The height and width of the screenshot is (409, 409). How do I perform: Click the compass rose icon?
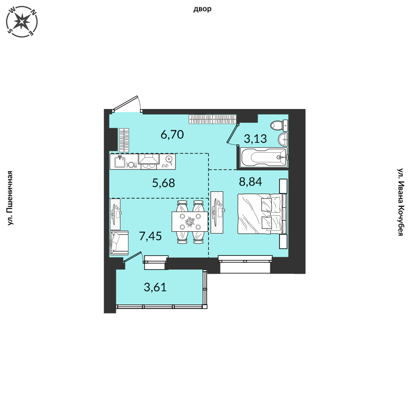[x=22, y=21]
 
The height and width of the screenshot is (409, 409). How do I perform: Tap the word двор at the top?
[x=202, y=10]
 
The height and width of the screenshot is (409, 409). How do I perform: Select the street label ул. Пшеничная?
[x=10, y=198]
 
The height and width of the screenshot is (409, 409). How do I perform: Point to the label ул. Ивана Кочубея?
[x=400, y=202]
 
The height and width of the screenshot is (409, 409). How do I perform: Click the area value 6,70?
[x=172, y=135]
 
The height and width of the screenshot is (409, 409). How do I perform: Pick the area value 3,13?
[x=255, y=139]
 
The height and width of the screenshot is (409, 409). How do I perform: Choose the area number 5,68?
[x=164, y=183]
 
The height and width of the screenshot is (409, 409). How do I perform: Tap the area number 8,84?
[x=250, y=181]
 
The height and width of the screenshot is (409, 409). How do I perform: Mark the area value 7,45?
[x=150, y=236]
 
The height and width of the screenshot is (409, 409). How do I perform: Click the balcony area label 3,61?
[x=155, y=287]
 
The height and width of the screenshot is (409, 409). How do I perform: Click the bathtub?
[x=264, y=157]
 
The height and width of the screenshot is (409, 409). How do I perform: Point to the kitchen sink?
[x=120, y=161]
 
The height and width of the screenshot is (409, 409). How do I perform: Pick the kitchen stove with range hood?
[x=149, y=162]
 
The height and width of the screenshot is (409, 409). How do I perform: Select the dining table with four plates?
[x=190, y=221]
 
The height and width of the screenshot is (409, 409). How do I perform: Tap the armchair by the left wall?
[x=119, y=243]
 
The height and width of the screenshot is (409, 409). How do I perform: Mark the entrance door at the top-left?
[x=125, y=103]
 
